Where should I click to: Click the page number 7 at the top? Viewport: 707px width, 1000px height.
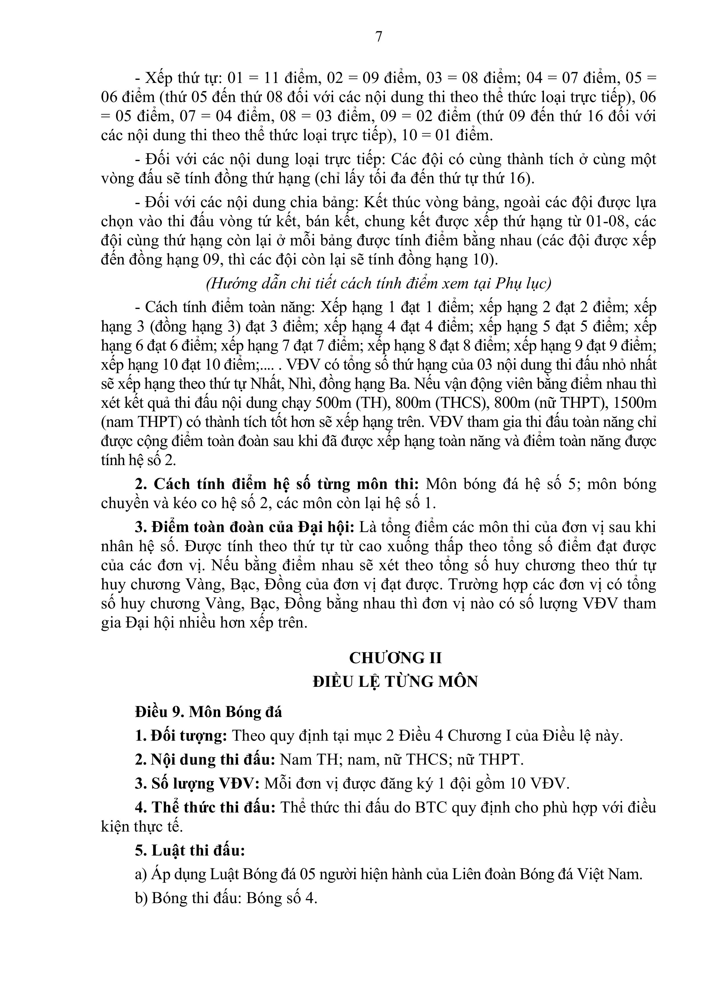[378, 37]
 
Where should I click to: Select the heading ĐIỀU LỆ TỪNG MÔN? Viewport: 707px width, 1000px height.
[395, 681]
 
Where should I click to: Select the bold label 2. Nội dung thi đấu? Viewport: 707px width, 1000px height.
[205, 759]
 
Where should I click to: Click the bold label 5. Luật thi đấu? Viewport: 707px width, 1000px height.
[190, 850]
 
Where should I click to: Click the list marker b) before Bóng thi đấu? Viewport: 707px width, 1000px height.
[142, 898]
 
